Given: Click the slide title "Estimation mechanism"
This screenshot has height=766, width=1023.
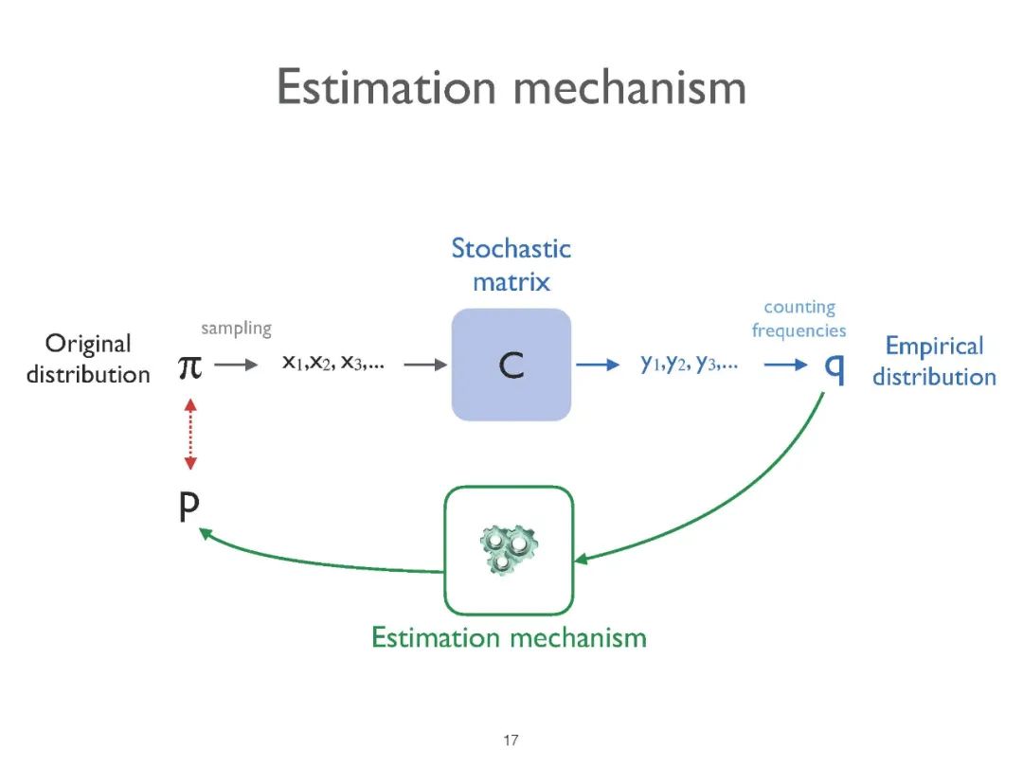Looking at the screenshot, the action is (511, 88).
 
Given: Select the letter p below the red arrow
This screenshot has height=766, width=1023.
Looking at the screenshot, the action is (189, 508).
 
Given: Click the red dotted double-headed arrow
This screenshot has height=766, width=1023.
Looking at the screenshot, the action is (190, 435).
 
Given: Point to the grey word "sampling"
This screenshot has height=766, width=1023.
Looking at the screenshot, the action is (236, 329).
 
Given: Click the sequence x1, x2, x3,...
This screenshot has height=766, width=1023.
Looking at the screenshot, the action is (332, 364).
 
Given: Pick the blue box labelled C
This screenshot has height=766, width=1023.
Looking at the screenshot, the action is (511, 365).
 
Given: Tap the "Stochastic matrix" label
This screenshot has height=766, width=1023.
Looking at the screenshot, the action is (511, 264).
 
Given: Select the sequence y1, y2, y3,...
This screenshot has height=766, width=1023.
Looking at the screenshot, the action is (689, 364).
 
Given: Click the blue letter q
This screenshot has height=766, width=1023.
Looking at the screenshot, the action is (835, 367).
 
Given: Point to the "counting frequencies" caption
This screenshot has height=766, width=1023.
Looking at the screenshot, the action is (799, 319).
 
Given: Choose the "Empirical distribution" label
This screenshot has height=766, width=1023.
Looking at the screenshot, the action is (934, 361).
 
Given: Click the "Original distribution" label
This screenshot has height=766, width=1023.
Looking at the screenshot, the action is (88, 359).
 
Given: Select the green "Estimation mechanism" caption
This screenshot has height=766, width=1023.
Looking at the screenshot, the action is (509, 637).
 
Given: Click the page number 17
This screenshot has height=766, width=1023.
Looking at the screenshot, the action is (511, 740).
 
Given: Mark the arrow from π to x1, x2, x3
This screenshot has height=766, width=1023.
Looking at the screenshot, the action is (236, 365).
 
